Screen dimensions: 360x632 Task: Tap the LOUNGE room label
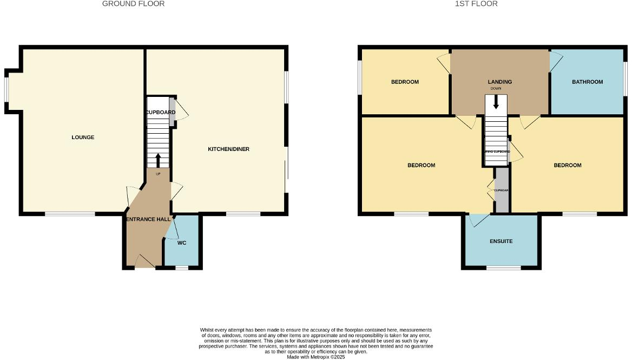pyautogui.click(x=83, y=138)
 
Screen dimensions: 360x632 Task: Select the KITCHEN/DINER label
pyautogui.click(x=229, y=149)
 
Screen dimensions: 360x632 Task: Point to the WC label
pyautogui.click(x=182, y=243)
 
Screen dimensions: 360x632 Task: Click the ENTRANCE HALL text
pyautogui.click(x=148, y=219)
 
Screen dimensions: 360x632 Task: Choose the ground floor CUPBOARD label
pyautogui.click(x=161, y=112)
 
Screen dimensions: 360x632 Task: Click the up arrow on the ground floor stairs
pyautogui.click(x=158, y=160)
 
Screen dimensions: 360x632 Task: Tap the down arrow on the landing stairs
pyautogui.click(x=496, y=102)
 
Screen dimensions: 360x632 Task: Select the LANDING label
pyautogui.click(x=499, y=82)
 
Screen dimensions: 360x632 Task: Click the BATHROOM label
pyautogui.click(x=588, y=82)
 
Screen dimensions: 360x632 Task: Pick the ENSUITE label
pyautogui.click(x=501, y=241)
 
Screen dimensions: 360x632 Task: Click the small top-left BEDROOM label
pyautogui.click(x=405, y=82)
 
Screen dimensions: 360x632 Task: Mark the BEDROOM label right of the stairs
pyautogui.click(x=568, y=165)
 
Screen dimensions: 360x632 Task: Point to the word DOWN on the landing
pyautogui.click(x=496, y=89)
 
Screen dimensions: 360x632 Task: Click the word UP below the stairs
pyautogui.click(x=158, y=174)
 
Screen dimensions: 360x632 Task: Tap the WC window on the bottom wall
pyautogui.click(x=182, y=267)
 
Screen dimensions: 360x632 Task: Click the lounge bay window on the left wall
pyautogui.click(x=7, y=91)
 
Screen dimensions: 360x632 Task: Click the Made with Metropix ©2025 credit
pyautogui.click(x=316, y=357)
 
